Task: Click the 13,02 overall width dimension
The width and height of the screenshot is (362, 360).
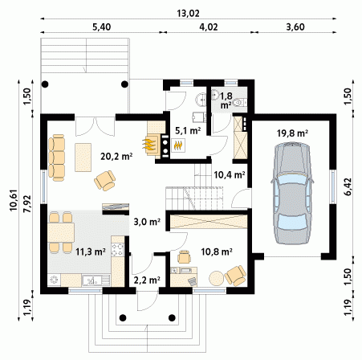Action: point(188,13)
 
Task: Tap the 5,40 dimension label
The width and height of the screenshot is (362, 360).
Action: point(101,27)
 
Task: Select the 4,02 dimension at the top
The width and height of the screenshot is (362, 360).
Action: point(209,27)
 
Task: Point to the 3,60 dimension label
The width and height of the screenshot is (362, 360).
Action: point(295,27)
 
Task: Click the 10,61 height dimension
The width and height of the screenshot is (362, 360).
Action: point(14,200)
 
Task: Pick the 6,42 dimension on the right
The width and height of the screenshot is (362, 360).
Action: point(348,187)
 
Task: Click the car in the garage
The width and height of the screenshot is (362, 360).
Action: point(292,193)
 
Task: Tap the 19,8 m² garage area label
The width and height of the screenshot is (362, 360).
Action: point(292,133)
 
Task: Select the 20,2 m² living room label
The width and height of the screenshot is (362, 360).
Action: point(116,156)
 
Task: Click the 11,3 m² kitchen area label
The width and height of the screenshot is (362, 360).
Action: point(91,252)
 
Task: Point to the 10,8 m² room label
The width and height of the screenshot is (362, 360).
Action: point(217,252)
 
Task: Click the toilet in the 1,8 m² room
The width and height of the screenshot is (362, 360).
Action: point(238,103)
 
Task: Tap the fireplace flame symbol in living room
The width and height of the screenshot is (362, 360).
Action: point(149,144)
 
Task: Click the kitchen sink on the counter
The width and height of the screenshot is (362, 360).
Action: point(92,280)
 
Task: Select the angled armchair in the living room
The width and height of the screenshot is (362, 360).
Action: point(105,181)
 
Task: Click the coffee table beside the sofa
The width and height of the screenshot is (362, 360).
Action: point(83,157)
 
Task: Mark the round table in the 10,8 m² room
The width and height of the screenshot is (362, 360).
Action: point(216,279)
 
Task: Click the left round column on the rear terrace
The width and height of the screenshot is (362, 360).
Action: point(45,84)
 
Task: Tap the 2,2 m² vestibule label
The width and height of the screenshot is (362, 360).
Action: point(147,280)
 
